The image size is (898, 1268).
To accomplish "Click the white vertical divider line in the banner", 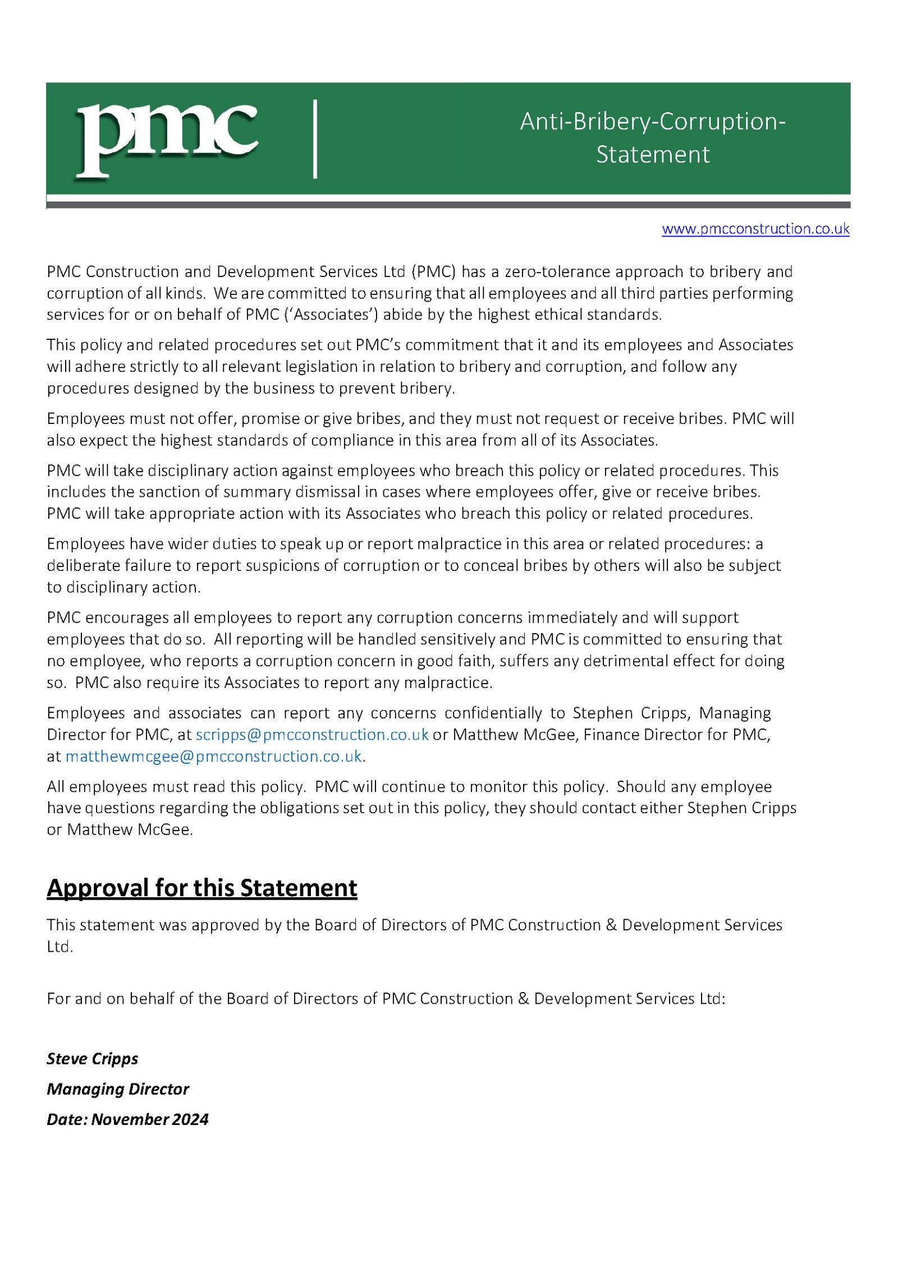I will tap(315, 139).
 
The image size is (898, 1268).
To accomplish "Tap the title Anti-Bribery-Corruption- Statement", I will tap(652, 137).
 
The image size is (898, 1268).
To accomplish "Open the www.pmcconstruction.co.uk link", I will tap(755, 229).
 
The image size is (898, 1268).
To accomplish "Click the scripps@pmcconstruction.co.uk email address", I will tap(311, 735).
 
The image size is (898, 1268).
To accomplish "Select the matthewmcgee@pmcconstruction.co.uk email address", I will tap(213, 757).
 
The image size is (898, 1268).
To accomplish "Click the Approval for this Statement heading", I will tap(202, 888).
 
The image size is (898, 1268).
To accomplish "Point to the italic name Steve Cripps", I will tap(93, 1059).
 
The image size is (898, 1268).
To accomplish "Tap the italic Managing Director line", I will tap(118, 1089).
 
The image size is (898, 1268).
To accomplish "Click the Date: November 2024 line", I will tap(127, 1119).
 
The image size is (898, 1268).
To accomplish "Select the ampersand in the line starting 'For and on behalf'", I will tap(524, 999).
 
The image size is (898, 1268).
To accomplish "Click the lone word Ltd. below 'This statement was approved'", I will tap(59, 947).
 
